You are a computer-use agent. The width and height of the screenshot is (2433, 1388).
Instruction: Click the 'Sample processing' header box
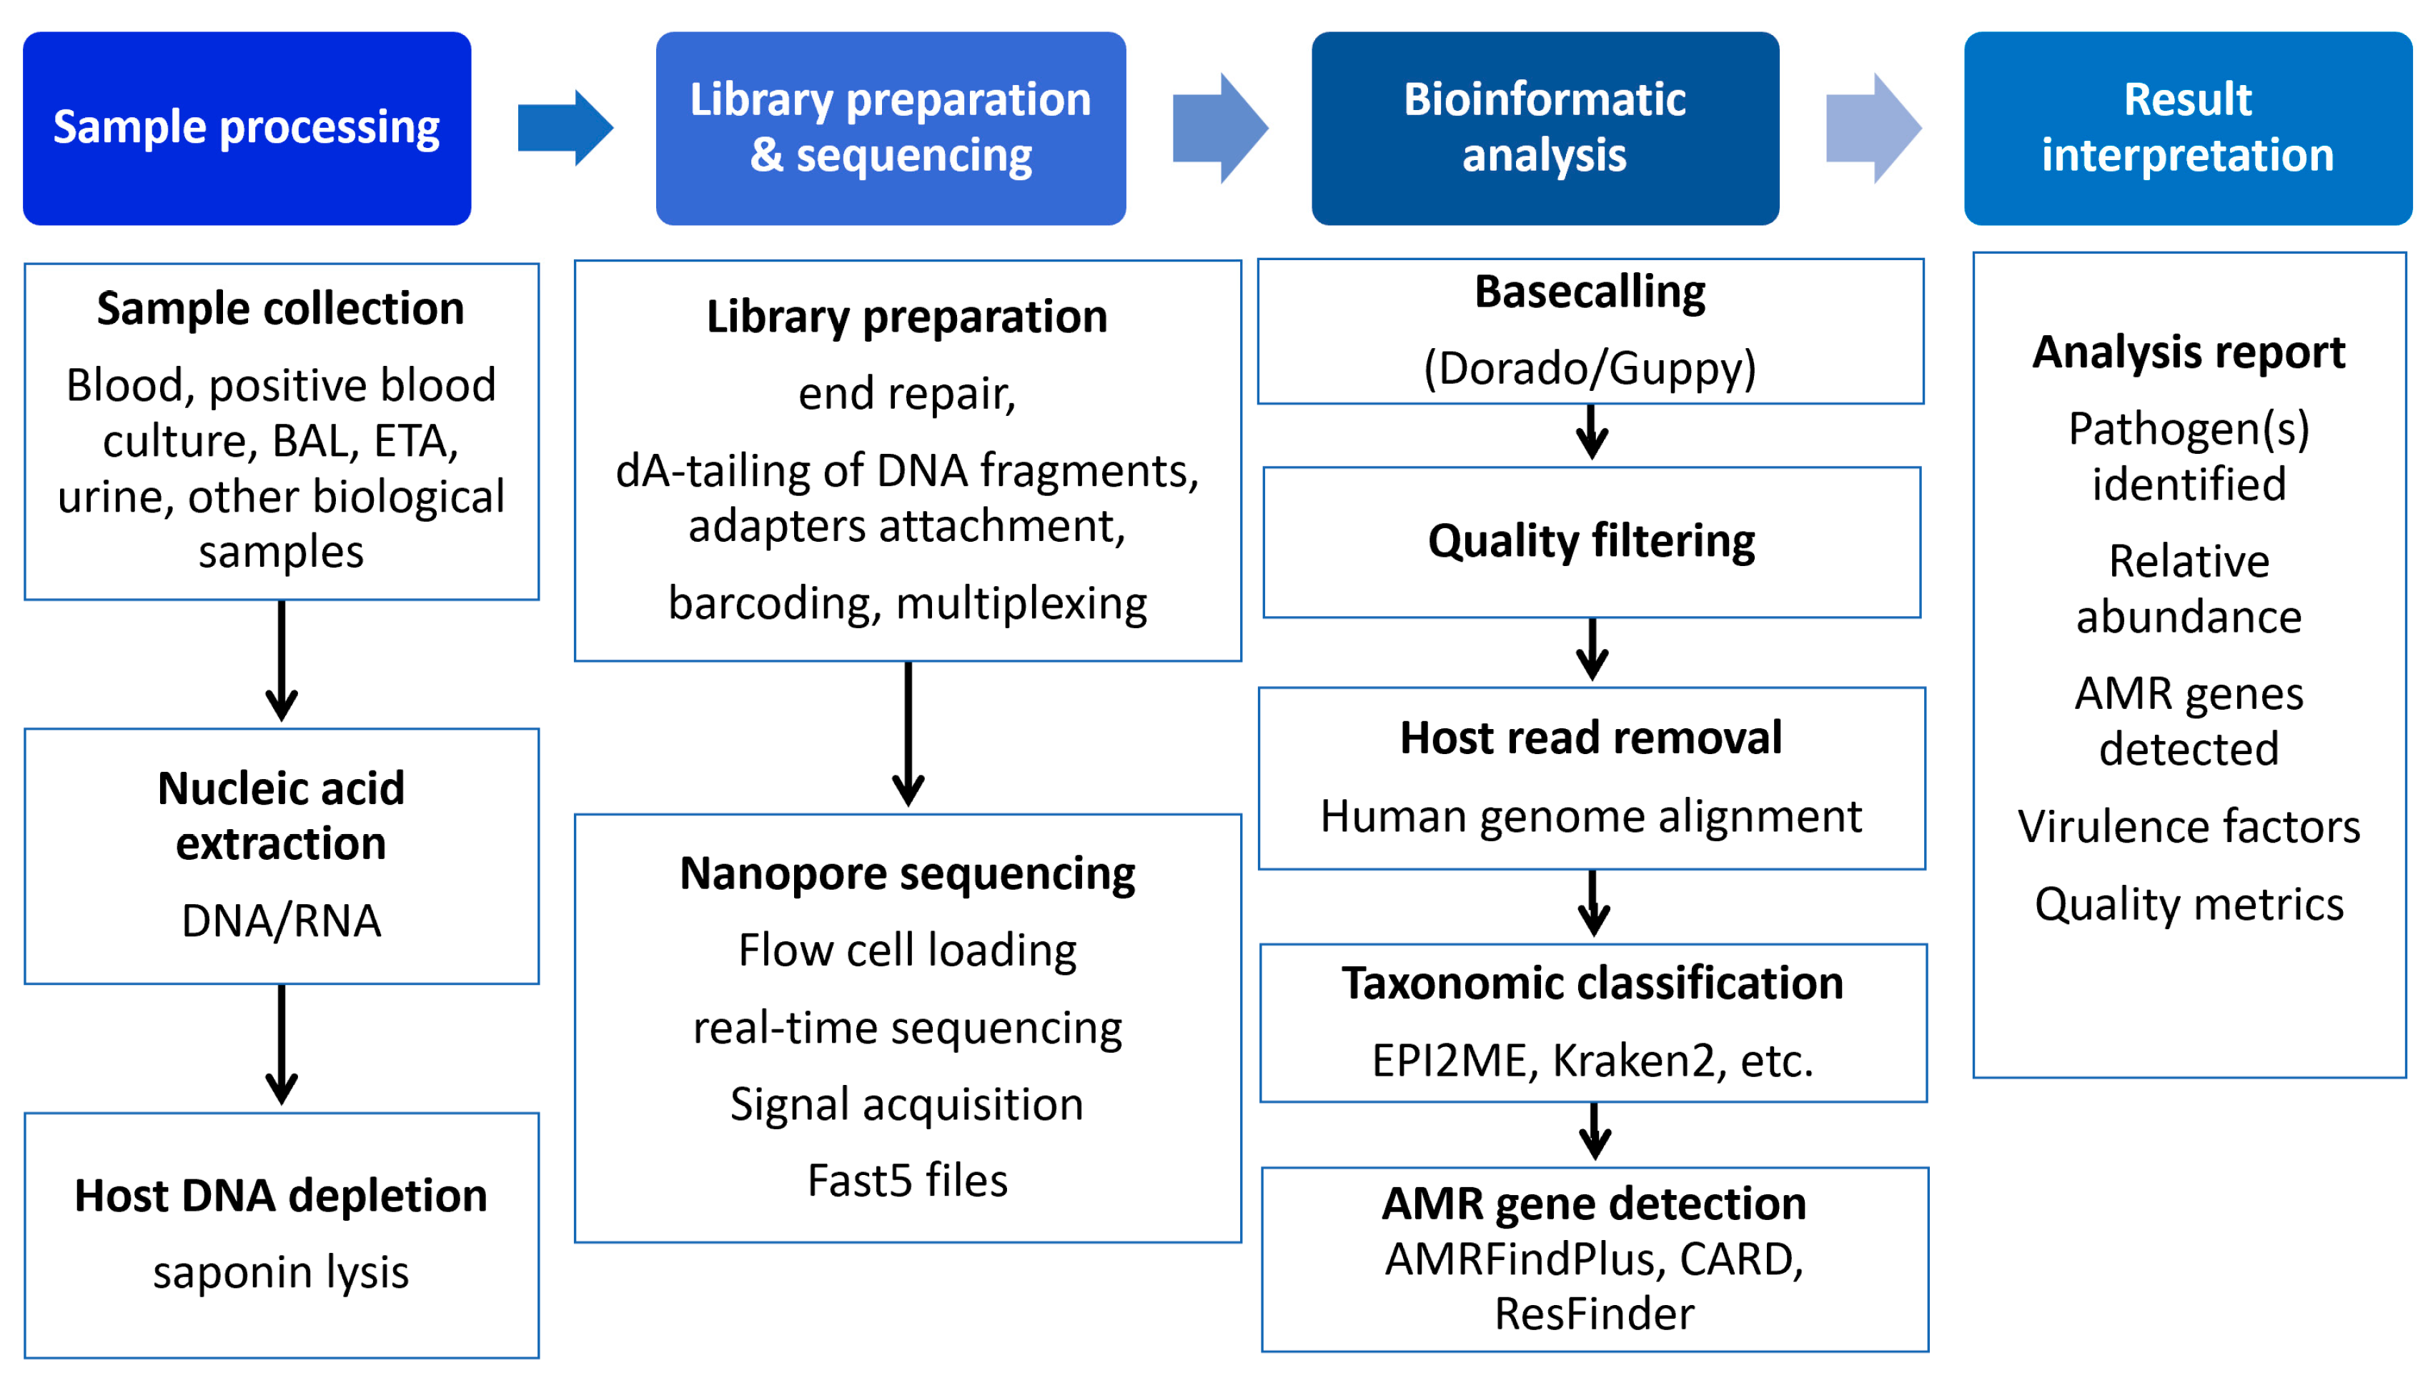pyautogui.click(x=247, y=128)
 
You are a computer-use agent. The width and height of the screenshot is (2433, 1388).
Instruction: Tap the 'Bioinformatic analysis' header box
pyautogui.click(x=1545, y=128)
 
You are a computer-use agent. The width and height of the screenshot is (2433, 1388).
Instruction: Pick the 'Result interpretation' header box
pyautogui.click(x=2188, y=128)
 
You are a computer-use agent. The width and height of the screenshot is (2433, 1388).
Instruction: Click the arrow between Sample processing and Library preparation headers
pyautogui.click(x=565, y=128)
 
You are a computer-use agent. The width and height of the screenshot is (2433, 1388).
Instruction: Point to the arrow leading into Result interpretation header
pyautogui.click(x=1873, y=128)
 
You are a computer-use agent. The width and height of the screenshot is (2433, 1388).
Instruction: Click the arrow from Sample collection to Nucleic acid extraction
pyautogui.click(x=281, y=660)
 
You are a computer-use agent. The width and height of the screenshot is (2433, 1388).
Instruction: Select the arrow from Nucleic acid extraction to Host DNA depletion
pyautogui.click(x=281, y=1045)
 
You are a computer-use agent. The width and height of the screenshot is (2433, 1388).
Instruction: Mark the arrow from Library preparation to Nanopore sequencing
pyautogui.click(x=908, y=734)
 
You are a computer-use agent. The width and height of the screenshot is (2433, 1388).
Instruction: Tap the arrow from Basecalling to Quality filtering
pyautogui.click(x=1592, y=432)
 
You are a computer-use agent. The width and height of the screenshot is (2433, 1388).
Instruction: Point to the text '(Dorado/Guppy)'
pyautogui.click(x=1590, y=368)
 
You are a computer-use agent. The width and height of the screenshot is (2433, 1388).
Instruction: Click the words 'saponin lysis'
pyautogui.click(x=281, y=1271)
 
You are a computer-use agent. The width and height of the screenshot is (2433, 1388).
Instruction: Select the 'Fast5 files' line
pyautogui.click(x=907, y=1180)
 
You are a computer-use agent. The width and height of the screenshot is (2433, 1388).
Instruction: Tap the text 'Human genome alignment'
pyautogui.click(x=1592, y=817)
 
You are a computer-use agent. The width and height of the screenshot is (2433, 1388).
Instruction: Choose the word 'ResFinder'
pyautogui.click(x=1595, y=1314)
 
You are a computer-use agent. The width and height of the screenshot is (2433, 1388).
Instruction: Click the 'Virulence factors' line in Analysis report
pyautogui.click(x=2189, y=826)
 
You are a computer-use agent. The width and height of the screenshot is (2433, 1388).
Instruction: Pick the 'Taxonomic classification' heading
pyautogui.click(x=1592, y=983)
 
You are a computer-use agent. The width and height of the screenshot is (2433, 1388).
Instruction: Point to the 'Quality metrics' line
pyautogui.click(x=2189, y=903)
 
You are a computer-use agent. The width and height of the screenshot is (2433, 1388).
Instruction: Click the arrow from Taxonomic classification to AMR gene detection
pyautogui.click(x=1595, y=1131)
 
